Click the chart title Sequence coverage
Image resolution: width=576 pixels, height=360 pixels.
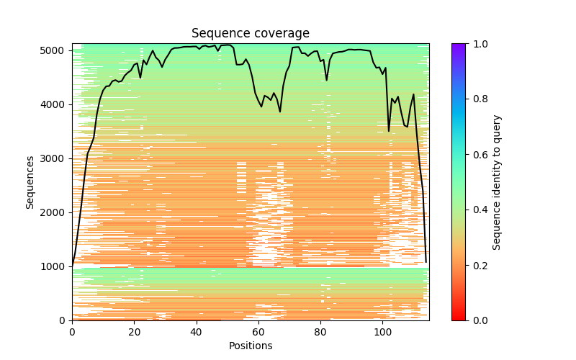click(251, 33)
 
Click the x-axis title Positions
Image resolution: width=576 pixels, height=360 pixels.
click(251, 346)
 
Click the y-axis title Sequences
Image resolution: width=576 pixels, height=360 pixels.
click(30, 182)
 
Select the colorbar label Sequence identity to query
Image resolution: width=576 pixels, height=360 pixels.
click(497, 182)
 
